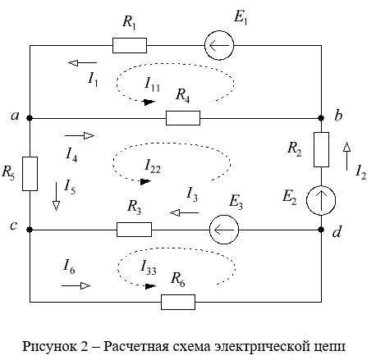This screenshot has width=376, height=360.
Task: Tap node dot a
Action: tap(30, 118)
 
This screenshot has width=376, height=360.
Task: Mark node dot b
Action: tap(321, 118)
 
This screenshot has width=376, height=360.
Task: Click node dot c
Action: tap(30, 230)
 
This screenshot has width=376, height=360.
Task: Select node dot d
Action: tap(321, 230)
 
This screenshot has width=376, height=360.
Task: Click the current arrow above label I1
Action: tap(82, 63)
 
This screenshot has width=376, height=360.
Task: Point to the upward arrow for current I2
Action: tap(346, 156)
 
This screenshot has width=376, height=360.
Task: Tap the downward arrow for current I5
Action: tap(56, 196)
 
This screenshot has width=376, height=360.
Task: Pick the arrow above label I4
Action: tap(80, 135)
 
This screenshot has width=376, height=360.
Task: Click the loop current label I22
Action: tap(153, 166)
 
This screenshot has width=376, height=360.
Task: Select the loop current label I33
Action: tap(148, 267)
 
